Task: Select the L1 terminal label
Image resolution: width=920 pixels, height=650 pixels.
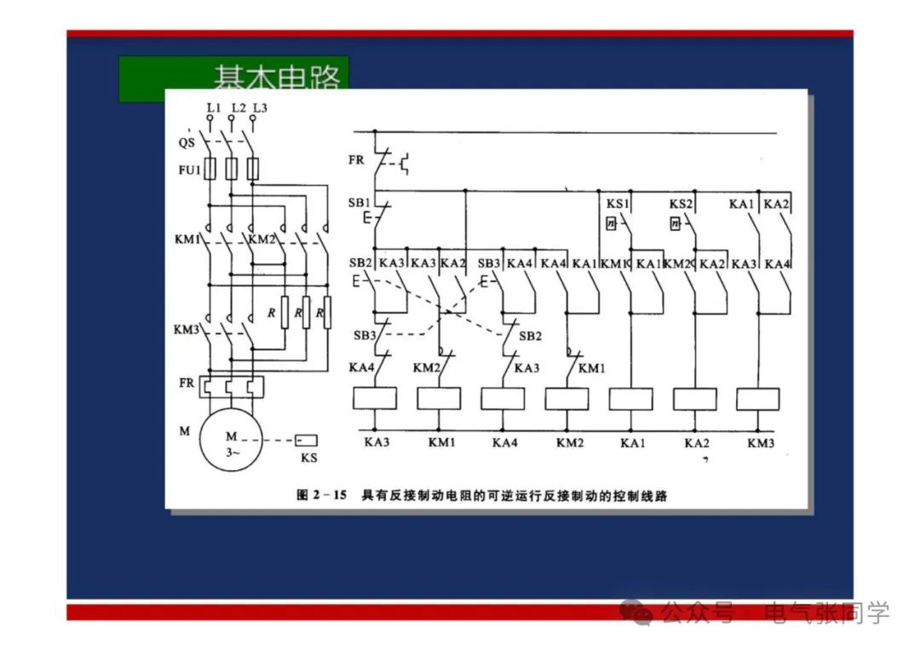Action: click(213, 107)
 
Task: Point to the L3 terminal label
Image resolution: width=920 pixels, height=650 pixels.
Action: click(260, 107)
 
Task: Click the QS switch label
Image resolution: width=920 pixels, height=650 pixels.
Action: click(187, 142)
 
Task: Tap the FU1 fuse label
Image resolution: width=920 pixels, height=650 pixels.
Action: click(188, 170)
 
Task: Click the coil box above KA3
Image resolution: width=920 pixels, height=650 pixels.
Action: click(375, 399)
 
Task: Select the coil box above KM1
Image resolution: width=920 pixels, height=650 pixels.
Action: click(439, 399)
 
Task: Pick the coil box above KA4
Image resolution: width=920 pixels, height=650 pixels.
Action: click(503, 399)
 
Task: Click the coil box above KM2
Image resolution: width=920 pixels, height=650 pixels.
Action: click(566, 399)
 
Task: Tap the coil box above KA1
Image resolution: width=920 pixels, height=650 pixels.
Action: click(631, 399)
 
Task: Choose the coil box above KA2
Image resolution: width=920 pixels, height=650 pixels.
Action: click(695, 399)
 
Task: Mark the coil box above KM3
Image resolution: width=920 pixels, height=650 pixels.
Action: click(758, 399)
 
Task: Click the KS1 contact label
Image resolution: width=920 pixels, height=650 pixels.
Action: click(618, 204)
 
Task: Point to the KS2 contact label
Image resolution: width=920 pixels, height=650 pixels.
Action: click(681, 204)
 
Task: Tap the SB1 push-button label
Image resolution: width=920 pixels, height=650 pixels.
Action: click(359, 204)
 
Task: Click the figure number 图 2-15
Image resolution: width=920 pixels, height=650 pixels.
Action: click(321, 494)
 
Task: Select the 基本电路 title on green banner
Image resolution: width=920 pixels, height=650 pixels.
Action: click(276, 78)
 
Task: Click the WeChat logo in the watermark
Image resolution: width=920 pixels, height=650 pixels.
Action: click(637, 611)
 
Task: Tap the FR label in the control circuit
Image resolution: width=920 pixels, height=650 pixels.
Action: click(356, 159)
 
